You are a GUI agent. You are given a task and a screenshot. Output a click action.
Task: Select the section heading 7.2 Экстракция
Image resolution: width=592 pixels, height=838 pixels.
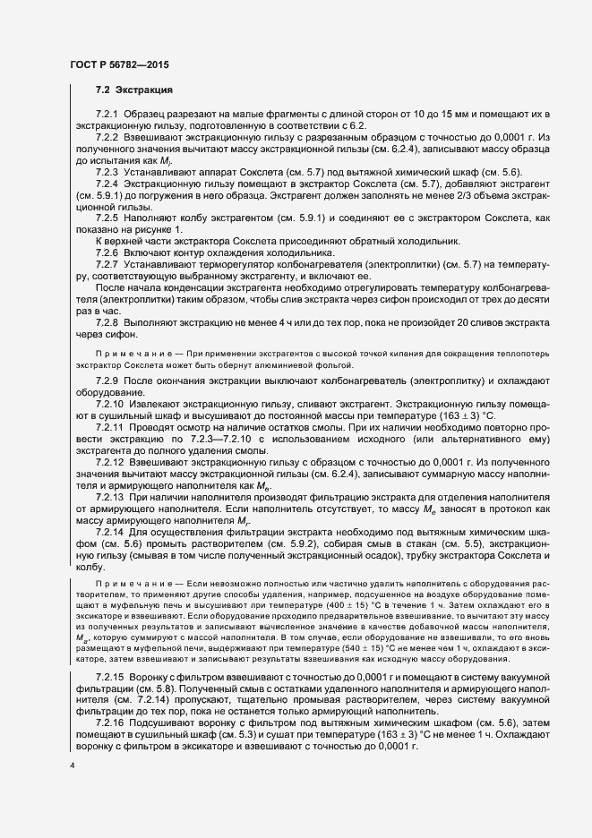[x=133, y=91]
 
